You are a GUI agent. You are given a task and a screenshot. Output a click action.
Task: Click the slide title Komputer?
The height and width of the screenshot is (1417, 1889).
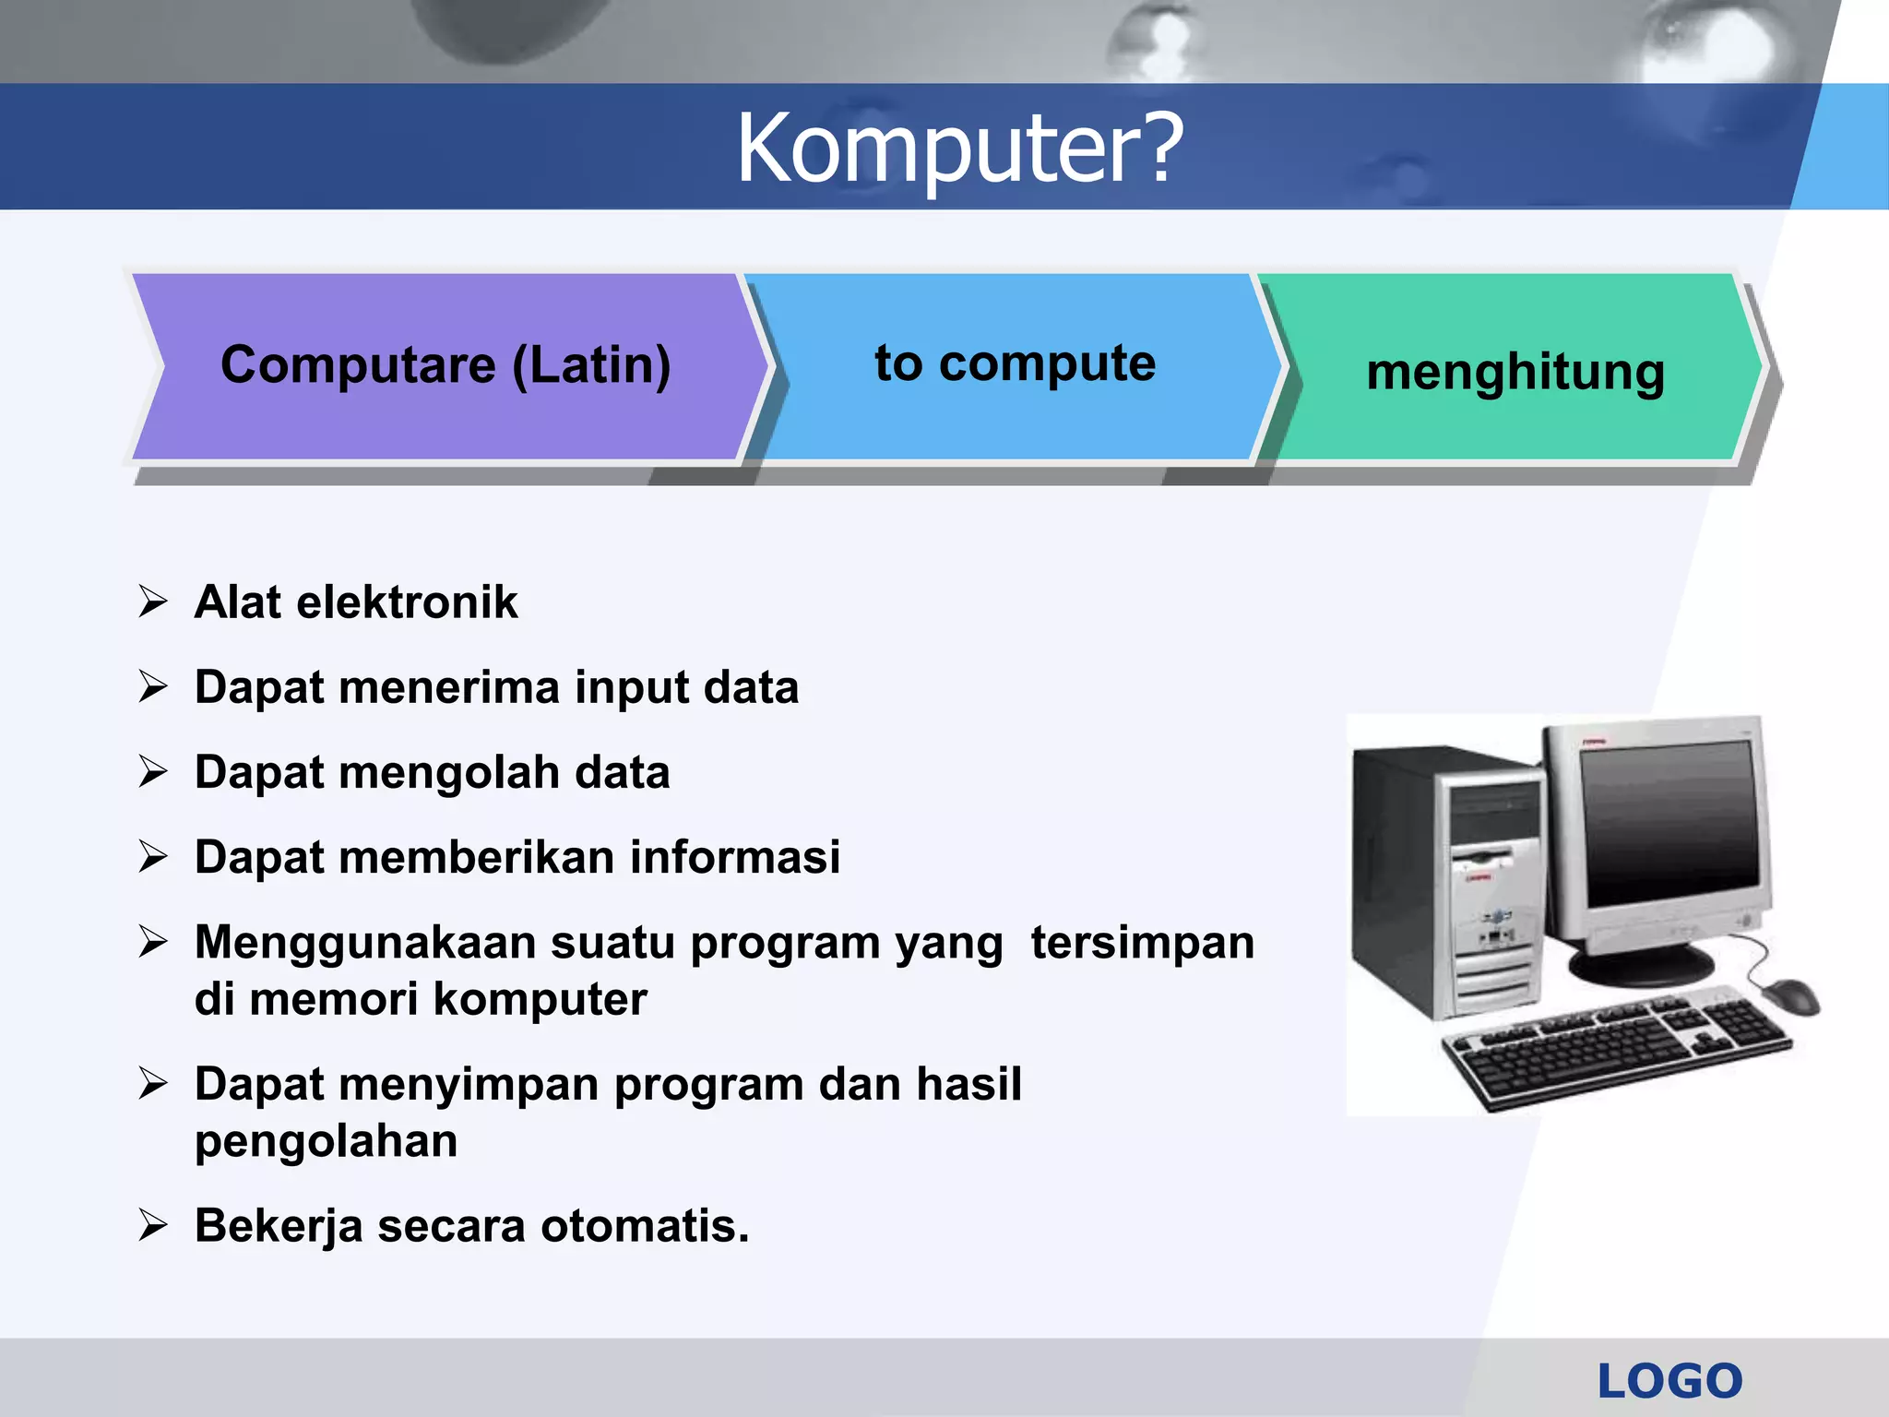[x=959, y=148]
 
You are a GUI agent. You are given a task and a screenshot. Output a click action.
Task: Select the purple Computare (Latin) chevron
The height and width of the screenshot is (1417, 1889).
[x=446, y=366]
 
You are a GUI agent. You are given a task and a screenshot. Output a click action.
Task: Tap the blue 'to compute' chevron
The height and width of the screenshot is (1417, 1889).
[x=1015, y=364]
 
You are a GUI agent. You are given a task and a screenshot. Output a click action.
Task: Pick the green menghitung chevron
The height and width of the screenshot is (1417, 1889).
[x=1515, y=372]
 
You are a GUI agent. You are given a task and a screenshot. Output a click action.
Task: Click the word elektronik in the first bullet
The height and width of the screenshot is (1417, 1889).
[x=407, y=602]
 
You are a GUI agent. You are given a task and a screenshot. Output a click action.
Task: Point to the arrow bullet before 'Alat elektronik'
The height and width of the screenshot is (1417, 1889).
[x=153, y=601]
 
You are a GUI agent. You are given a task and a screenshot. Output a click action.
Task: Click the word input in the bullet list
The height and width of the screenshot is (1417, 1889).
[x=631, y=688]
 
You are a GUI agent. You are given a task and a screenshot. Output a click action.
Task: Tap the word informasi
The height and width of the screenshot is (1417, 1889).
[x=734, y=858]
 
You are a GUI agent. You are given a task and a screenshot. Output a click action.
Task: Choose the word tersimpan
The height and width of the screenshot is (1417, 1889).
[x=1142, y=943]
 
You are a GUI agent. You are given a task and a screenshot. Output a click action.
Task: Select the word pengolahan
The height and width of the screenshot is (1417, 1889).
[x=326, y=1142]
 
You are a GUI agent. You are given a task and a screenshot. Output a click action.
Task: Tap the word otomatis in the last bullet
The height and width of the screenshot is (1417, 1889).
[x=645, y=1227]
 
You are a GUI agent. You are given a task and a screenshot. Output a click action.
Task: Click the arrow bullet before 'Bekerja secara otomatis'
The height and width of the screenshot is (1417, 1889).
[x=153, y=1226]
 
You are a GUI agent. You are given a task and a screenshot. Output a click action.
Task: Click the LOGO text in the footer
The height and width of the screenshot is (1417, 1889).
[x=1669, y=1381]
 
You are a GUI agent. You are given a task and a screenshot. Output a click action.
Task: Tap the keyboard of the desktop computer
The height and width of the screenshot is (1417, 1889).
[x=1614, y=1047]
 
